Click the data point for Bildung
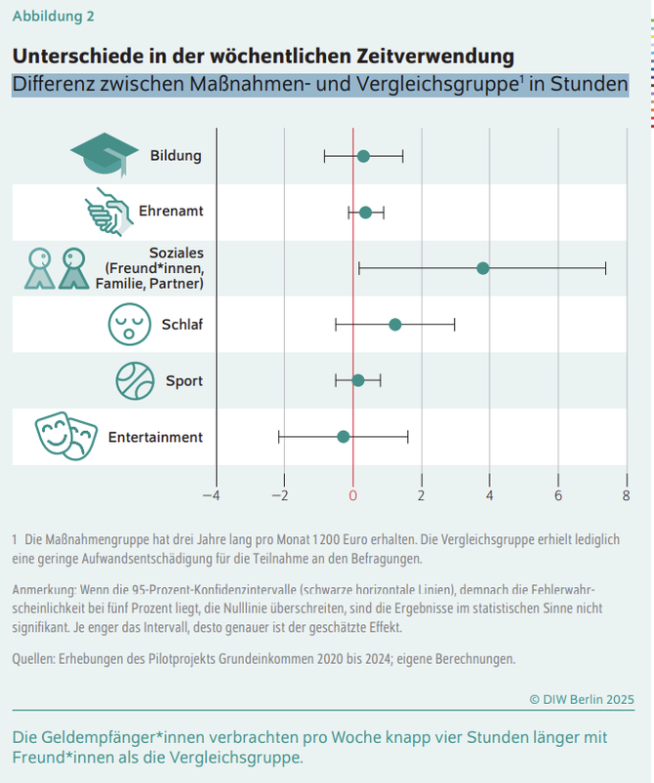pos(363,156)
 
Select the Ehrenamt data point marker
pos(365,212)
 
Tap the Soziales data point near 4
pos(482,267)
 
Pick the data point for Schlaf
pos(394,324)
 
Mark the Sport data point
pos(358,379)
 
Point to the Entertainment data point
pos(343,436)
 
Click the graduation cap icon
pos(104,155)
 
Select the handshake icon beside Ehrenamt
pos(107,212)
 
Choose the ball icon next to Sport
pos(135,380)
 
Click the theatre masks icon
pos(65,436)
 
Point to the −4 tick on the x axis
pos(211,495)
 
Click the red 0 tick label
pos(353,495)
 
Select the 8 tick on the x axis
pos(627,495)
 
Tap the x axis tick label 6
pos(558,495)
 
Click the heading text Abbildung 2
pos(54,17)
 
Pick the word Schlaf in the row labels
pos(182,325)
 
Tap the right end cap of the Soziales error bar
pos(605,267)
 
